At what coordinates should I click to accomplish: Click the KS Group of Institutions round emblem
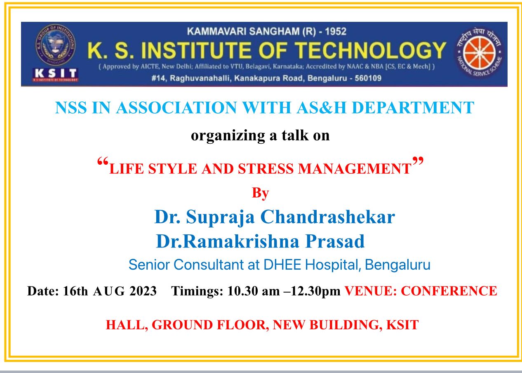coord(55,45)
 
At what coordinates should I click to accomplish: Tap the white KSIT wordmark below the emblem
coord(55,73)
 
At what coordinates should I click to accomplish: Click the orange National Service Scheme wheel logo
coord(479,53)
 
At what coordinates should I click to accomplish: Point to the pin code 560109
coord(368,78)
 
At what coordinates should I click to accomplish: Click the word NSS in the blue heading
coord(71,108)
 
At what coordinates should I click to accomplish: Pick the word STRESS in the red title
coord(266,169)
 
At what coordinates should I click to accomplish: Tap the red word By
coord(260,193)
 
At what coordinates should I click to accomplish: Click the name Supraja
coord(220,217)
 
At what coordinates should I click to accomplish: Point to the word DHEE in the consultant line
coord(282,265)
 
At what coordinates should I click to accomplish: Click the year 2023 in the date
coord(143,291)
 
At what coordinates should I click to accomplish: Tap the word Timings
coord(197,291)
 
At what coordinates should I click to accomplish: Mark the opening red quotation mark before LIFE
coord(103,161)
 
